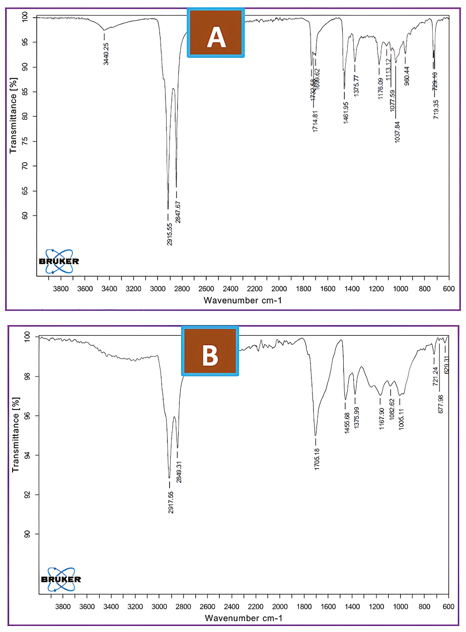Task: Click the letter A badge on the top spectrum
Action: (216, 33)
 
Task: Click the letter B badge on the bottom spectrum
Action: (210, 351)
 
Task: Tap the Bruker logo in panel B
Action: (61, 579)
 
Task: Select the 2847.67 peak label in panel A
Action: (178, 212)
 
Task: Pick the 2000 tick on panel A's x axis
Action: (279, 289)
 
